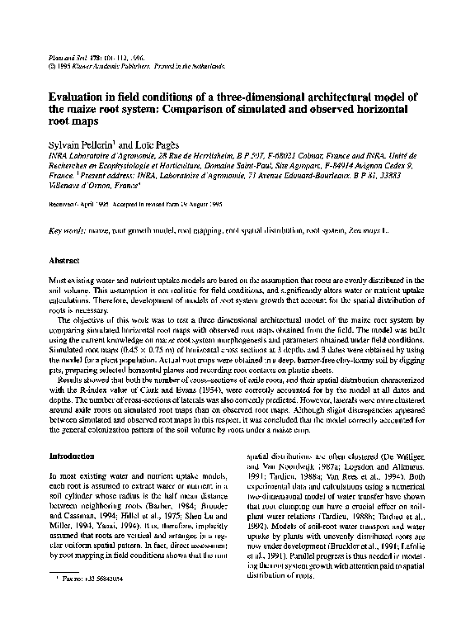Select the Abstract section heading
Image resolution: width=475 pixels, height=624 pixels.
click(x=68, y=260)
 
